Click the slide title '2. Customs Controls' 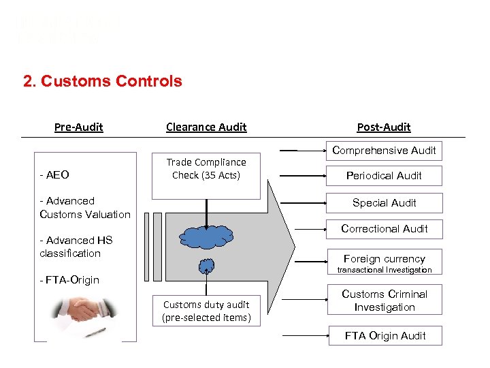point(103,81)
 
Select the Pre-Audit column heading point(78,127)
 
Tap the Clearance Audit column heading point(206,127)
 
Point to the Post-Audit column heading point(384,127)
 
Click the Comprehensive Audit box point(384,151)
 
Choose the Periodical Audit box point(384,176)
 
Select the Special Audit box point(384,203)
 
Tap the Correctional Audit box point(384,229)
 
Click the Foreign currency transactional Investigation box point(384,263)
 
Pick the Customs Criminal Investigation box point(384,301)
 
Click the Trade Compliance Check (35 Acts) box point(206,169)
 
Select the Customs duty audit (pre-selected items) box point(206,311)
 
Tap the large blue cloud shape point(206,236)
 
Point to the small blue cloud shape point(206,265)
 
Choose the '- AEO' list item point(54,175)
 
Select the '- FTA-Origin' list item point(69,280)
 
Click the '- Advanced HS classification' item point(76,247)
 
